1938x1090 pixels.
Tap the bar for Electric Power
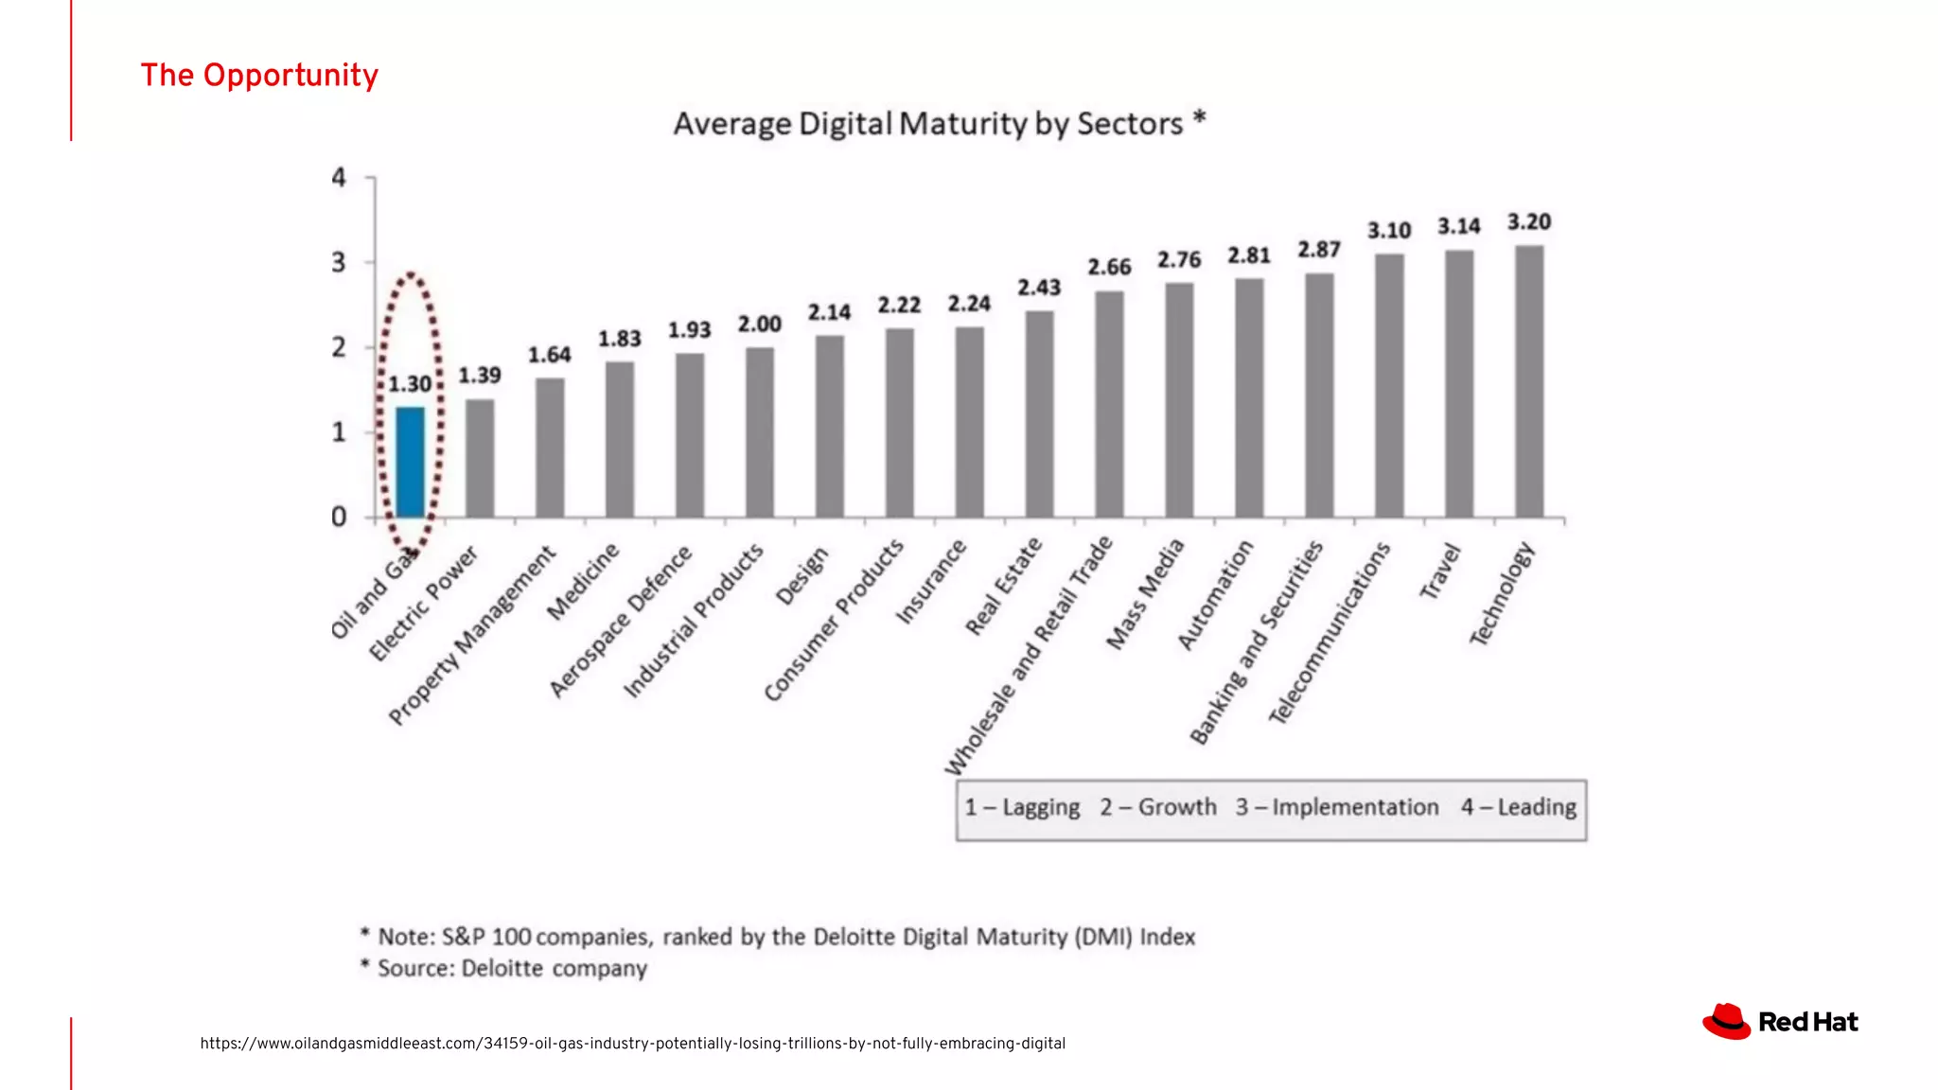[x=480, y=458]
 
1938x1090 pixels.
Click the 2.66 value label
[x=1109, y=268]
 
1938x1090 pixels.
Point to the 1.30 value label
[x=410, y=384]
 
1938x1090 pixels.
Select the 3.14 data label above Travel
[x=1458, y=227]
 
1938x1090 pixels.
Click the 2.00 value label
[x=759, y=325]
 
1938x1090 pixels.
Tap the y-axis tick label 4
[x=339, y=178]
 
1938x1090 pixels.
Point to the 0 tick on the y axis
[x=339, y=517]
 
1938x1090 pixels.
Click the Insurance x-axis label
[x=931, y=583]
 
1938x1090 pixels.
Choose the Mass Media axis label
[x=1145, y=594]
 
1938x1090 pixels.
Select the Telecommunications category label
[x=1330, y=633]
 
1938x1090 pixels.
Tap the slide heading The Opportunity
[x=259, y=76]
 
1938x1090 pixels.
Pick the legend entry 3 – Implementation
[x=1336, y=807]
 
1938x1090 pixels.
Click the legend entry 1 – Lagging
[x=1022, y=807]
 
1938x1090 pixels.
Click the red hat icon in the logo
[x=1727, y=1021]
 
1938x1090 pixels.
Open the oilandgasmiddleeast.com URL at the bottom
[x=632, y=1044]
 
